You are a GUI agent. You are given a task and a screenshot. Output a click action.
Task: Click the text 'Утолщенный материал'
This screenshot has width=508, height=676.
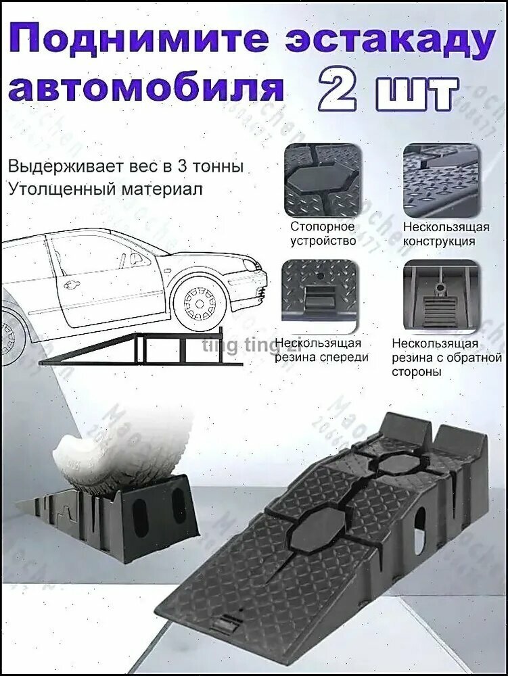pyautogui.click(x=106, y=189)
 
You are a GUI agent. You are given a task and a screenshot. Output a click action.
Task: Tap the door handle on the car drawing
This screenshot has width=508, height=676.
pyautogui.click(x=71, y=285)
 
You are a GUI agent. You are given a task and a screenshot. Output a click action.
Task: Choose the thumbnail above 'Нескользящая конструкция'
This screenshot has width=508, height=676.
pyautogui.click(x=440, y=177)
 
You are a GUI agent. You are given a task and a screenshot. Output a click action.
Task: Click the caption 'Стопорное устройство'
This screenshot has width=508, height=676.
pyautogui.click(x=323, y=233)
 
